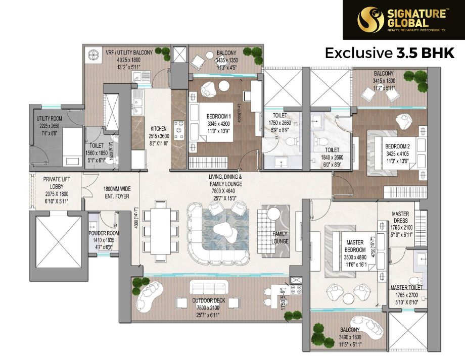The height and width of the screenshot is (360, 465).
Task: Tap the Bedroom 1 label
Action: pos(218,117)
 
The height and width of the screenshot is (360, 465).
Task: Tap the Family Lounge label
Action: pos(280,237)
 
